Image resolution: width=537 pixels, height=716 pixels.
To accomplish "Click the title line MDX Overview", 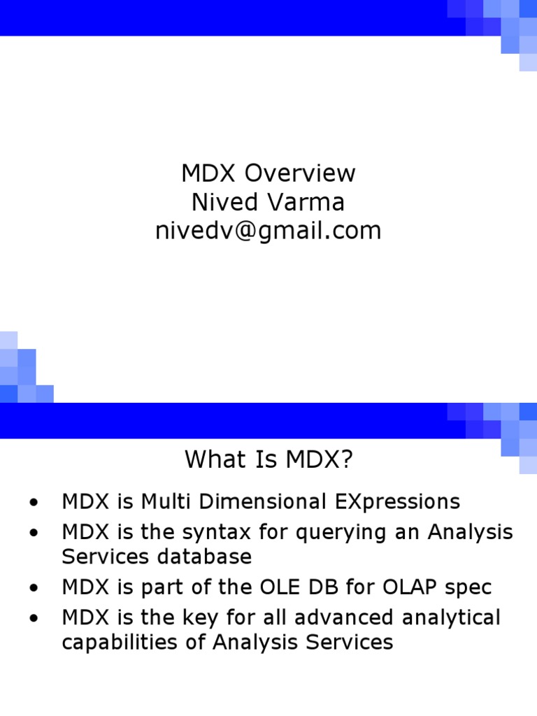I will (x=268, y=173).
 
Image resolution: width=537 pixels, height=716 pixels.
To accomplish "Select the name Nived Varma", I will (x=268, y=202).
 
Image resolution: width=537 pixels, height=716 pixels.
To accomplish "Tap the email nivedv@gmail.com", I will (x=268, y=231).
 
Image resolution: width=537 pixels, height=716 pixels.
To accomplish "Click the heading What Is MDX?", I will (x=269, y=460).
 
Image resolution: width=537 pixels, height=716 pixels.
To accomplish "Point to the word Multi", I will (x=167, y=501).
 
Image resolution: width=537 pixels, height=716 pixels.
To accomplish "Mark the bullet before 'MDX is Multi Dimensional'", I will (x=32, y=503).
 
